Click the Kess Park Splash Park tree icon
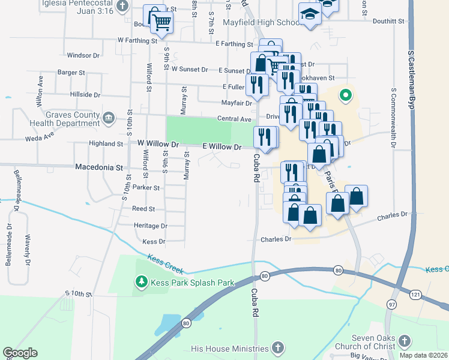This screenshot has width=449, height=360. tap(141, 281)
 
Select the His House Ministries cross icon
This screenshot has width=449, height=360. tap(277, 348)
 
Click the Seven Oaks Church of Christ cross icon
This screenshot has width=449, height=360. tap(404, 342)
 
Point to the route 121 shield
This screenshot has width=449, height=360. tap(415, 295)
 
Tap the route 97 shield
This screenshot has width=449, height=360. tap(391, 305)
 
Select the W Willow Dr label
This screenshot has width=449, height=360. tap(158, 144)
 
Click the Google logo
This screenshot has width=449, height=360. tap(20, 353)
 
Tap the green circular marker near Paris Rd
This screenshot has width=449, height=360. tap(345, 95)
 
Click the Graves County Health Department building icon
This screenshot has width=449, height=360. tap(109, 117)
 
